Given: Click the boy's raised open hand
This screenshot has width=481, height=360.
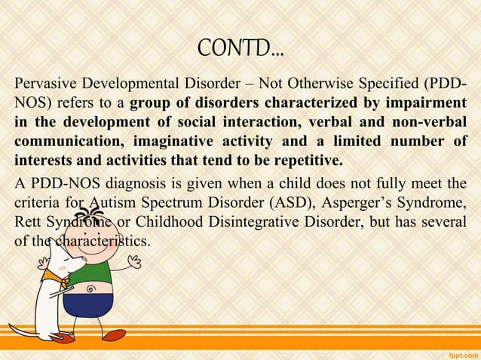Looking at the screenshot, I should (134, 261).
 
